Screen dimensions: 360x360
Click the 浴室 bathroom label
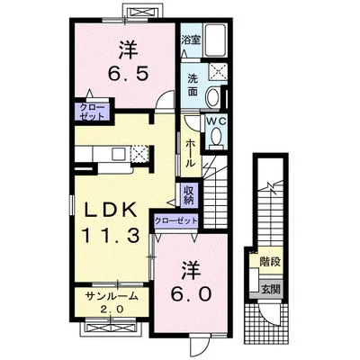(191, 40)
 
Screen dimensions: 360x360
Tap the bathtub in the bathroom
(216, 40)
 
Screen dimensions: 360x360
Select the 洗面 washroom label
(193, 85)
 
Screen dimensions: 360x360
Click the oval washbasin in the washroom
(212, 96)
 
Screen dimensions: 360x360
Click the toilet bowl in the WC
(216, 137)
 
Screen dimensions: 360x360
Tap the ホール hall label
(191, 153)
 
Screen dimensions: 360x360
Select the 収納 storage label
(189, 195)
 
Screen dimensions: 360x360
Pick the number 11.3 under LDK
(111, 235)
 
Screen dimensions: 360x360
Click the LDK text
(110, 211)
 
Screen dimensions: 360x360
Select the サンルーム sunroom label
(112, 296)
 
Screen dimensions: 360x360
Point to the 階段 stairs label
(270, 262)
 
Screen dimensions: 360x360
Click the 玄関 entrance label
(271, 290)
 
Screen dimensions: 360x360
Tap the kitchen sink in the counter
(119, 154)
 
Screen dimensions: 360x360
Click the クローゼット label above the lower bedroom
(176, 220)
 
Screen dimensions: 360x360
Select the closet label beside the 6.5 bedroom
(92, 112)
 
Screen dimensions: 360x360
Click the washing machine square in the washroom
(218, 72)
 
